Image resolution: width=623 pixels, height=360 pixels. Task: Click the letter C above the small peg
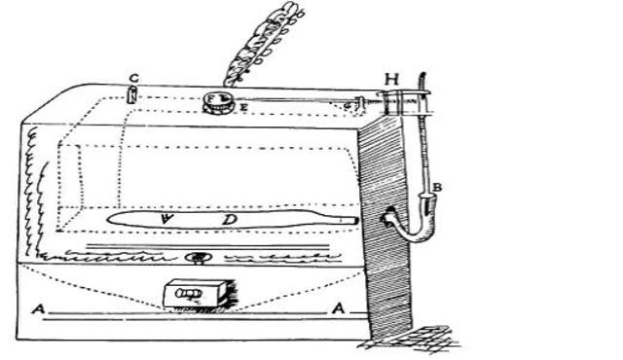132,78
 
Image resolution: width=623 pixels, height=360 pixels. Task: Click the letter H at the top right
392,77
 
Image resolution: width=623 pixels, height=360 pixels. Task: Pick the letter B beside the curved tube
438,186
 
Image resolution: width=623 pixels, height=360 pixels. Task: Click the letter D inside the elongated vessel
230,221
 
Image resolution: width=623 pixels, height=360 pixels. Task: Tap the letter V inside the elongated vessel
168,220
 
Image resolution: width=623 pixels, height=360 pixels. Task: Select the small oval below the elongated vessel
198,258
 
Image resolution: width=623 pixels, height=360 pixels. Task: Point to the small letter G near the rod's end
348,103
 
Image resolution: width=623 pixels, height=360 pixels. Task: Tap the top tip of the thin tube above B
421,72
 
